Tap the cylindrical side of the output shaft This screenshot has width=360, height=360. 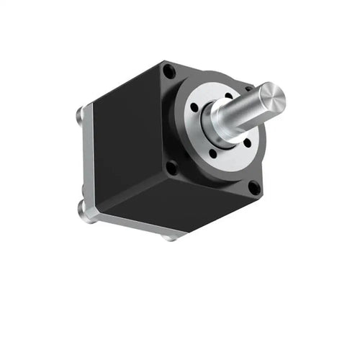click(x=245, y=113)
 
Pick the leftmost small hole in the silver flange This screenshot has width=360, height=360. click(x=195, y=108)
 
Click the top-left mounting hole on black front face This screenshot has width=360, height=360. click(x=169, y=71)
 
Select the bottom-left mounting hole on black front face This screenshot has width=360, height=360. click(x=171, y=168)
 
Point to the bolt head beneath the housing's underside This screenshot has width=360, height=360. click(x=169, y=235)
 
